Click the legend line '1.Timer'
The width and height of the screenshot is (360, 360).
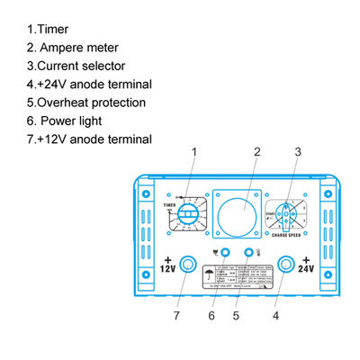coord(47,29)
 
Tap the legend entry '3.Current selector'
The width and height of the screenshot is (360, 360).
coord(76,65)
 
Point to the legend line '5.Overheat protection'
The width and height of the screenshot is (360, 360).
coord(85,102)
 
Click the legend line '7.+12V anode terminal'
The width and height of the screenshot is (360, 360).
coord(89,139)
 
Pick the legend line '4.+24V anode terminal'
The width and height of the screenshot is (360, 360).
coord(89,84)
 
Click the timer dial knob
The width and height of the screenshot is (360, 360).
coord(188,217)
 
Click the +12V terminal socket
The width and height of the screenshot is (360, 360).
coord(188,265)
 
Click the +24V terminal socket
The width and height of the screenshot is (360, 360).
coord(287,265)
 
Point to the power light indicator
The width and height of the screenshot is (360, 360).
coord(226,254)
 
